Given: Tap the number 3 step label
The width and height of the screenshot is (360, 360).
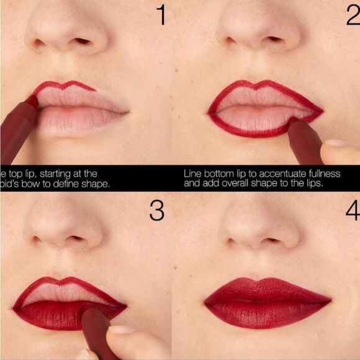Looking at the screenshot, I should click(156, 211).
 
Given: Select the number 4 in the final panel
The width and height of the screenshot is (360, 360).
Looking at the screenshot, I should click(352, 211).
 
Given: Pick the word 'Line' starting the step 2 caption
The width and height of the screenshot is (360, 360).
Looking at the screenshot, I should click(192, 174).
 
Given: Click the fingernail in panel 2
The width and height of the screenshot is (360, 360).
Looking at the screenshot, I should click(336, 143).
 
